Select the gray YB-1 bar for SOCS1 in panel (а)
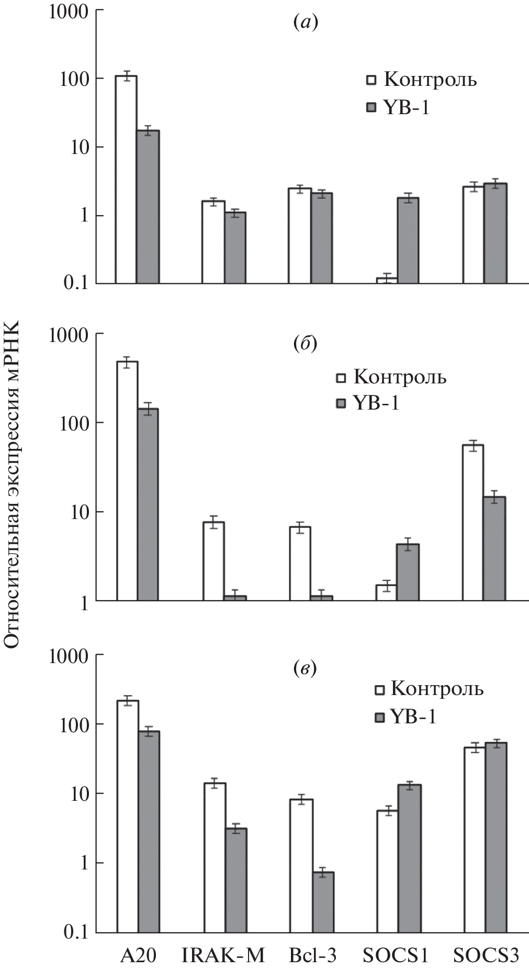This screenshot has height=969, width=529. [x=408, y=240]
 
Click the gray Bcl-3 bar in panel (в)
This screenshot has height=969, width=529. [x=323, y=902]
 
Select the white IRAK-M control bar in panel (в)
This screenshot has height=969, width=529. [x=215, y=857]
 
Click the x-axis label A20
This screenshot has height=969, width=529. [x=138, y=956]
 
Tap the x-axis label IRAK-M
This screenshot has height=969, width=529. [x=223, y=956]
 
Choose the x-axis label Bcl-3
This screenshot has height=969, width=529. [x=313, y=956]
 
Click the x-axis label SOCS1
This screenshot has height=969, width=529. [x=396, y=956]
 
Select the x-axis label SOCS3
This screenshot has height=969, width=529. [x=486, y=956]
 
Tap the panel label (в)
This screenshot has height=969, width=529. [x=305, y=669]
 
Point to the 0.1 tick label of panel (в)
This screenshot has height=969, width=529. [x=76, y=932]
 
